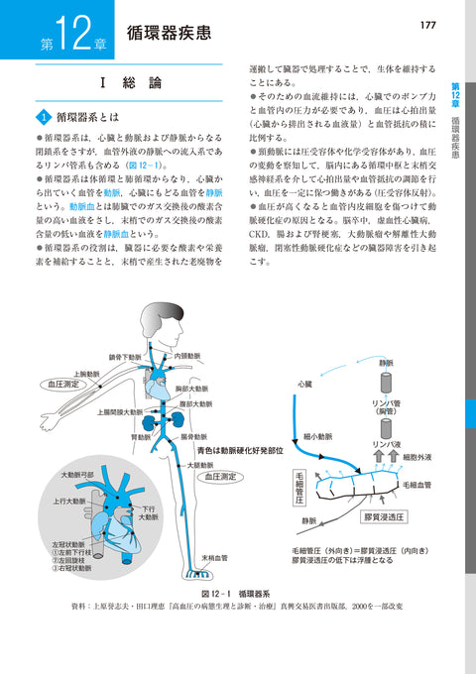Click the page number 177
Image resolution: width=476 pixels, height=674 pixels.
coord(429,24)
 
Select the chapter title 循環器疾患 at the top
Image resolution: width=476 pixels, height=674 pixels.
coord(168,33)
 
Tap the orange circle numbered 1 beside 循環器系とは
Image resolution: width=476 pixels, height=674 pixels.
coord(44,116)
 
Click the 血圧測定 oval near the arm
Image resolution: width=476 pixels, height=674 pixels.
coord(60,381)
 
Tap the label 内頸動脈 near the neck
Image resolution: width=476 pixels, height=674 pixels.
coord(193,355)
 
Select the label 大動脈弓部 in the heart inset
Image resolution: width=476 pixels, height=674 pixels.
coord(77,475)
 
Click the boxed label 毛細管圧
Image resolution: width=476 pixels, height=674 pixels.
coord(298,487)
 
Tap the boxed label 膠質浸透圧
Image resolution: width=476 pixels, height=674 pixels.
coord(381,518)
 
